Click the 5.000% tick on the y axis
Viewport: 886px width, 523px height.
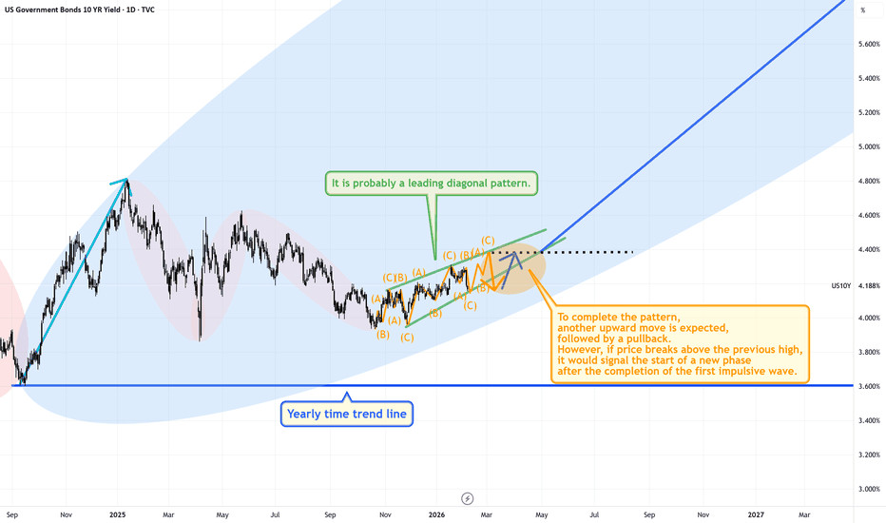pos(868,147)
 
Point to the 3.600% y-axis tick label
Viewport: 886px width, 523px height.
pos(868,387)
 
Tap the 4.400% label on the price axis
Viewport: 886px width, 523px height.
pos(868,250)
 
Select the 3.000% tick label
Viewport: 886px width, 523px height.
pos(868,490)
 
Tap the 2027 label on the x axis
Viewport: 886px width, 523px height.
pos(755,514)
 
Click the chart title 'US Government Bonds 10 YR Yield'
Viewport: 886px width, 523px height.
pos(71,9)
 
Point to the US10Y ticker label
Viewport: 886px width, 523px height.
pos(842,285)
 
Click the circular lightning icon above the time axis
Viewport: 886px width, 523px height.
pos(467,497)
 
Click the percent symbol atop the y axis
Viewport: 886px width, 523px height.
pos(863,10)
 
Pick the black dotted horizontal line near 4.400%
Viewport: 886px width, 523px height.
pos(589,252)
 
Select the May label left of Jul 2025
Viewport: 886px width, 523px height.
pos(221,514)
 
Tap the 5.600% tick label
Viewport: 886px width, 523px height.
pos(868,45)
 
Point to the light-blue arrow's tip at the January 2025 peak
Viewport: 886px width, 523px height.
pos(125,181)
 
